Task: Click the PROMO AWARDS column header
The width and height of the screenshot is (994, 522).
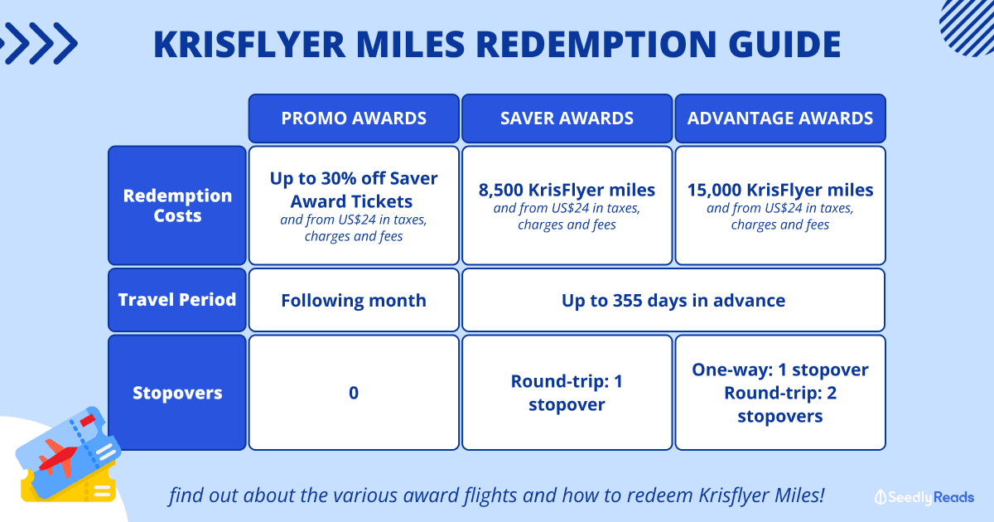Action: pos(354,118)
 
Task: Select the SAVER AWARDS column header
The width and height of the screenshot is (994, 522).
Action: pos(567,118)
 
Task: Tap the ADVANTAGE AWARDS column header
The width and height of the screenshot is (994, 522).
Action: pos(780,118)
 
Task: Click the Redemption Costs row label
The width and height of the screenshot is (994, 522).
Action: pos(177,205)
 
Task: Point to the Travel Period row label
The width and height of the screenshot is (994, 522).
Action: pos(177,300)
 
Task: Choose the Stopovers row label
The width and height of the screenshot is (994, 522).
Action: pos(177,393)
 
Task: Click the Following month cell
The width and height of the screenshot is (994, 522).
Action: pos(354,300)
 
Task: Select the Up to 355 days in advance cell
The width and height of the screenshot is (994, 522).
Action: pos(673,300)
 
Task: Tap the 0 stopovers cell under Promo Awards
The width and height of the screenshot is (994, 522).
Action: pos(354,393)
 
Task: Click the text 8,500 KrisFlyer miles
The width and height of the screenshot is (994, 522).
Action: pos(567,190)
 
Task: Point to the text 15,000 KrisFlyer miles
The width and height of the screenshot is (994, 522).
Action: pos(780,190)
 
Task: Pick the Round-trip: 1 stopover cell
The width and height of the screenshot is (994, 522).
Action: pos(567,393)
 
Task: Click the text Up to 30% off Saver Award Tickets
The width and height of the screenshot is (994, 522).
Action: pos(354,190)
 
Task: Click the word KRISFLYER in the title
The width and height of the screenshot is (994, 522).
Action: pos(249,45)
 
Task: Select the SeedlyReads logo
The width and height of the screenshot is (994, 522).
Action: pos(924,497)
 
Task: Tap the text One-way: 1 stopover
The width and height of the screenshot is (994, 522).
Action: pos(780,370)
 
